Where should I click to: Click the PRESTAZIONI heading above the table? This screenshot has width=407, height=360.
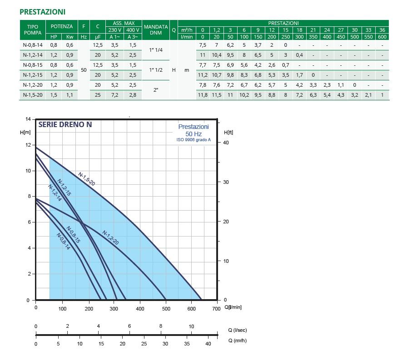[42, 12]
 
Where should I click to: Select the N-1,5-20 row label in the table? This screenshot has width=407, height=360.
[32, 95]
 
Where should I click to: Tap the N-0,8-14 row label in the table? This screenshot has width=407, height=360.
[32, 45]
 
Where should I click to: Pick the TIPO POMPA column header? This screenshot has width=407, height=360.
[32, 30]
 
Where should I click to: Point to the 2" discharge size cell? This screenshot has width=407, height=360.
[156, 90]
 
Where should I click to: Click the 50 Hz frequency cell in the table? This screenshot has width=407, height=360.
[84, 70]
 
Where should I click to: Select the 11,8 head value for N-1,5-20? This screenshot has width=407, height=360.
[203, 95]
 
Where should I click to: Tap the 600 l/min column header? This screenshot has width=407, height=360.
[382, 37]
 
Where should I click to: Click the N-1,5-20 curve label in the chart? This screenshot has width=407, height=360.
[86, 178]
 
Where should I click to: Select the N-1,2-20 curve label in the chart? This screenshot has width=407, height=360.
[110, 238]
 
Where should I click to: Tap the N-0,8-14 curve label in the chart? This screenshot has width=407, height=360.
[64, 242]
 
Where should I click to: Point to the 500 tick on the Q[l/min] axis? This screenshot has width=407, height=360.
[166, 309]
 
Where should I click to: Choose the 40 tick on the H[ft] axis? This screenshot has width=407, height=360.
[226, 143]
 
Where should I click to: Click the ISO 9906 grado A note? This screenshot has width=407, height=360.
[194, 140]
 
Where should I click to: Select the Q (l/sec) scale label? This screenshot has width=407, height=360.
[237, 330]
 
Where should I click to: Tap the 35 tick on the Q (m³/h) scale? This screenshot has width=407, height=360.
[187, 344]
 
